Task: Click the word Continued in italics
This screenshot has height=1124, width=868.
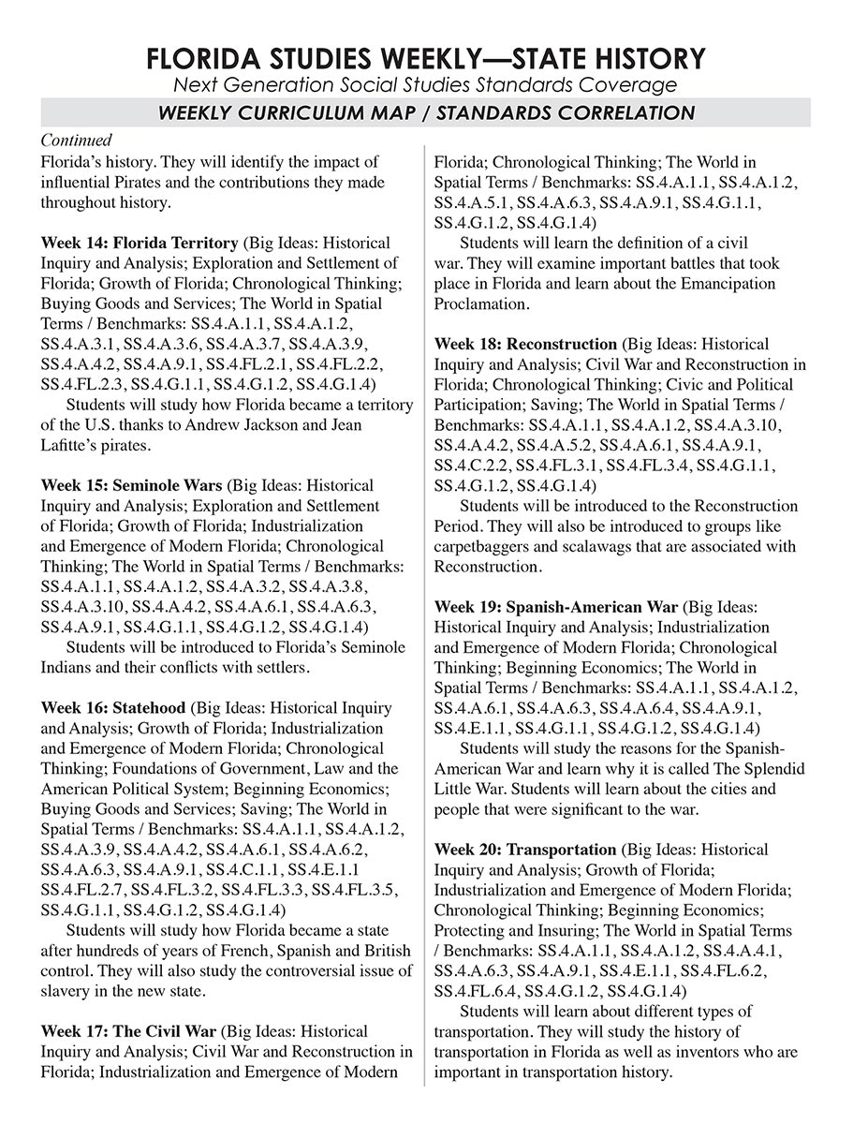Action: point(76,140)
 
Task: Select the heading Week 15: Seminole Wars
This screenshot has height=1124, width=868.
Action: point(131,485)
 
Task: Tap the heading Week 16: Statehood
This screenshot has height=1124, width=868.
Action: point(113,707)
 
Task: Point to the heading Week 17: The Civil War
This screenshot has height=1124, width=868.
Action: point(128,1031)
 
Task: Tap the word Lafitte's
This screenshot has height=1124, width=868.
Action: point(71,446)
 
